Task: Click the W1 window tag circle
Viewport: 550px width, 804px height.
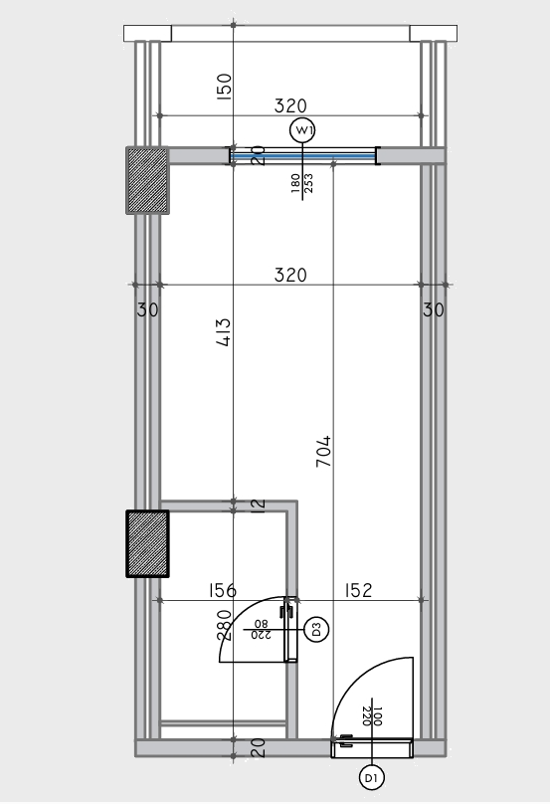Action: point(302,130)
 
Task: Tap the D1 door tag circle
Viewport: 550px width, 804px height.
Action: point(372,778)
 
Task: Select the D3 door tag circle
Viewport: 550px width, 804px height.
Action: point(316,629)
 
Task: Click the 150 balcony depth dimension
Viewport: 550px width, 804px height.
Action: point(224,87)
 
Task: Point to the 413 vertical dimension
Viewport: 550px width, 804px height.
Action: point(224,332)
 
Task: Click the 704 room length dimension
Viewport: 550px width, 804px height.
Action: point(323,452)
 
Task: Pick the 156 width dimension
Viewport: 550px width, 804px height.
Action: point(223,591)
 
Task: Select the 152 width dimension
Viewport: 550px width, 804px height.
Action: point(358,591)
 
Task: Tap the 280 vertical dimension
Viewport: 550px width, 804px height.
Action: point(225,625)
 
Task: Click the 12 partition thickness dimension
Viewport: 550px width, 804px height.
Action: point(260,504)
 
